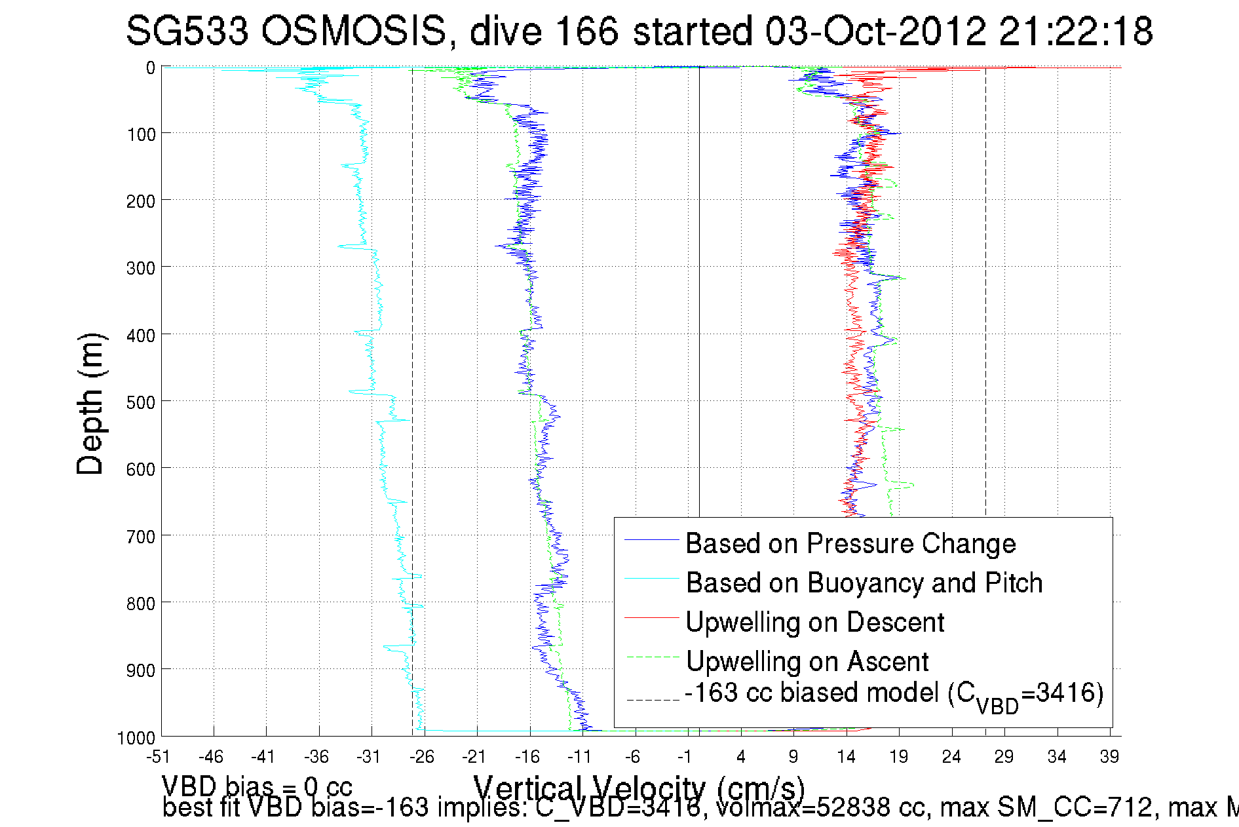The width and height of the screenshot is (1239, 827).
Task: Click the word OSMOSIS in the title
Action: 353,31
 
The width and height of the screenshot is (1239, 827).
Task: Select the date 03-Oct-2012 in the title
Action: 875,31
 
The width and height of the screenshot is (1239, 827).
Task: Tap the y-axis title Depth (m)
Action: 90,404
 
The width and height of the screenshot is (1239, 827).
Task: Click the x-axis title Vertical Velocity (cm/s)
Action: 639,788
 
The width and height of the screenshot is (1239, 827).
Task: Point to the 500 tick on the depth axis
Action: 140,402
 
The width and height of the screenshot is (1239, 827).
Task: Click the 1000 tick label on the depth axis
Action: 136,738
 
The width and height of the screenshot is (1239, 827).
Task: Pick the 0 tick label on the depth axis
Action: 151,67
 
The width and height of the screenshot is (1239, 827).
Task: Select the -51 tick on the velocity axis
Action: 158,757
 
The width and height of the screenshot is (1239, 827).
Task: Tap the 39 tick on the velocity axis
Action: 1109,757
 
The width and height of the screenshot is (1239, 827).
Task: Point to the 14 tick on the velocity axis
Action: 846,757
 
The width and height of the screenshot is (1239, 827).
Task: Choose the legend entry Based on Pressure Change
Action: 850,543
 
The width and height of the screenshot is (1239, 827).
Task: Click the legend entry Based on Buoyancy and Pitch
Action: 864,583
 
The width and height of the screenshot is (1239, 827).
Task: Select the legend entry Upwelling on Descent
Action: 814,622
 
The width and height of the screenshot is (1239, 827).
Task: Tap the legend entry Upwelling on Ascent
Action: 807,661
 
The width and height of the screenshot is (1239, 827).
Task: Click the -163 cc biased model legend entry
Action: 894,695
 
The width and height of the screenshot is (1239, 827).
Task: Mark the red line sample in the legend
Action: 651,618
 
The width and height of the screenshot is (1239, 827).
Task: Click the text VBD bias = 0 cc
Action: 257,786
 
